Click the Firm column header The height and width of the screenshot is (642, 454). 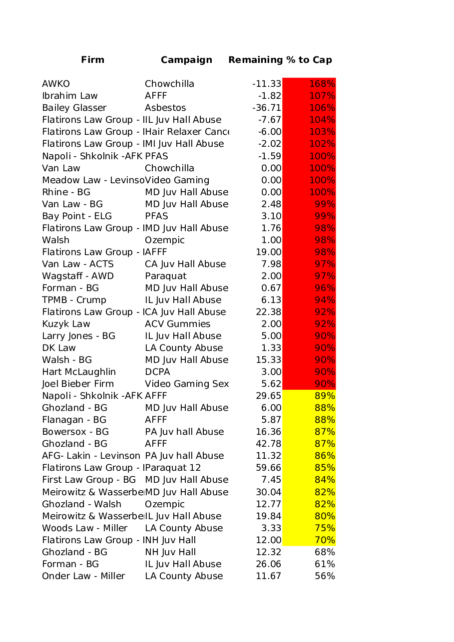tap(92, 60)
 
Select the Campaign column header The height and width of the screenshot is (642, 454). tap(186, 60)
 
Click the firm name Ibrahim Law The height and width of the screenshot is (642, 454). tap(70, 96)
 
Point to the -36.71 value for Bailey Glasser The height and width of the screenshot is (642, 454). tap(267, 108)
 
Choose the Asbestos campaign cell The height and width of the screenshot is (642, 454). tap(165, 108)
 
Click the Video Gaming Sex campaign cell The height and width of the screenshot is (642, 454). tap(186, 384)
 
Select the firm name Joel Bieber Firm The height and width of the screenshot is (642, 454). tap(78, 384)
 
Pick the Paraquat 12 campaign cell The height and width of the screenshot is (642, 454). tap(173, 468)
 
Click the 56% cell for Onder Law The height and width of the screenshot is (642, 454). tap(325, 576)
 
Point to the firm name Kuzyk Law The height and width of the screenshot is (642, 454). tap(66, 324)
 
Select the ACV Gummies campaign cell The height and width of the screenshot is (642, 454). tap(177, 324)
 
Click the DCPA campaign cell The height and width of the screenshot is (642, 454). tap(157, 372)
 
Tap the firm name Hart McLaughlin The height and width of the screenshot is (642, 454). tap(79, 372)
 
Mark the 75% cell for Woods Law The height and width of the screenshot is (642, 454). tap(325, 528)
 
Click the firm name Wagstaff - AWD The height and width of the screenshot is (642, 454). tap(78, 276)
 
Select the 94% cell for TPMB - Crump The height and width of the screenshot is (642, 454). tap(325, 300)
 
